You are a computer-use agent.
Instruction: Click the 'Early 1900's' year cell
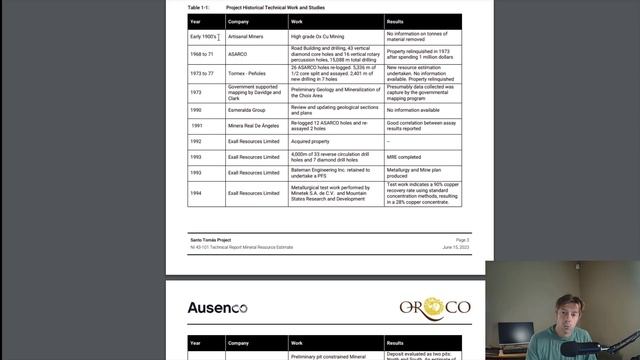pos(203,37)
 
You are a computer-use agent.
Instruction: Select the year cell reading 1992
pos(196,141)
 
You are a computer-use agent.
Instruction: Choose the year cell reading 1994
pos(196,192)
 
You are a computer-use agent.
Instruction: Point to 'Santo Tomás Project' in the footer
pos(209,240)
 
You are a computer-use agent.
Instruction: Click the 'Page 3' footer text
pos(462,240)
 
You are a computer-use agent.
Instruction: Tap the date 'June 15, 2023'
pos(455,246)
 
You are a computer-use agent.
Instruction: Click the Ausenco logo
pos(217,307)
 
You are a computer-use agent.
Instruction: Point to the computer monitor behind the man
pos(516,334)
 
